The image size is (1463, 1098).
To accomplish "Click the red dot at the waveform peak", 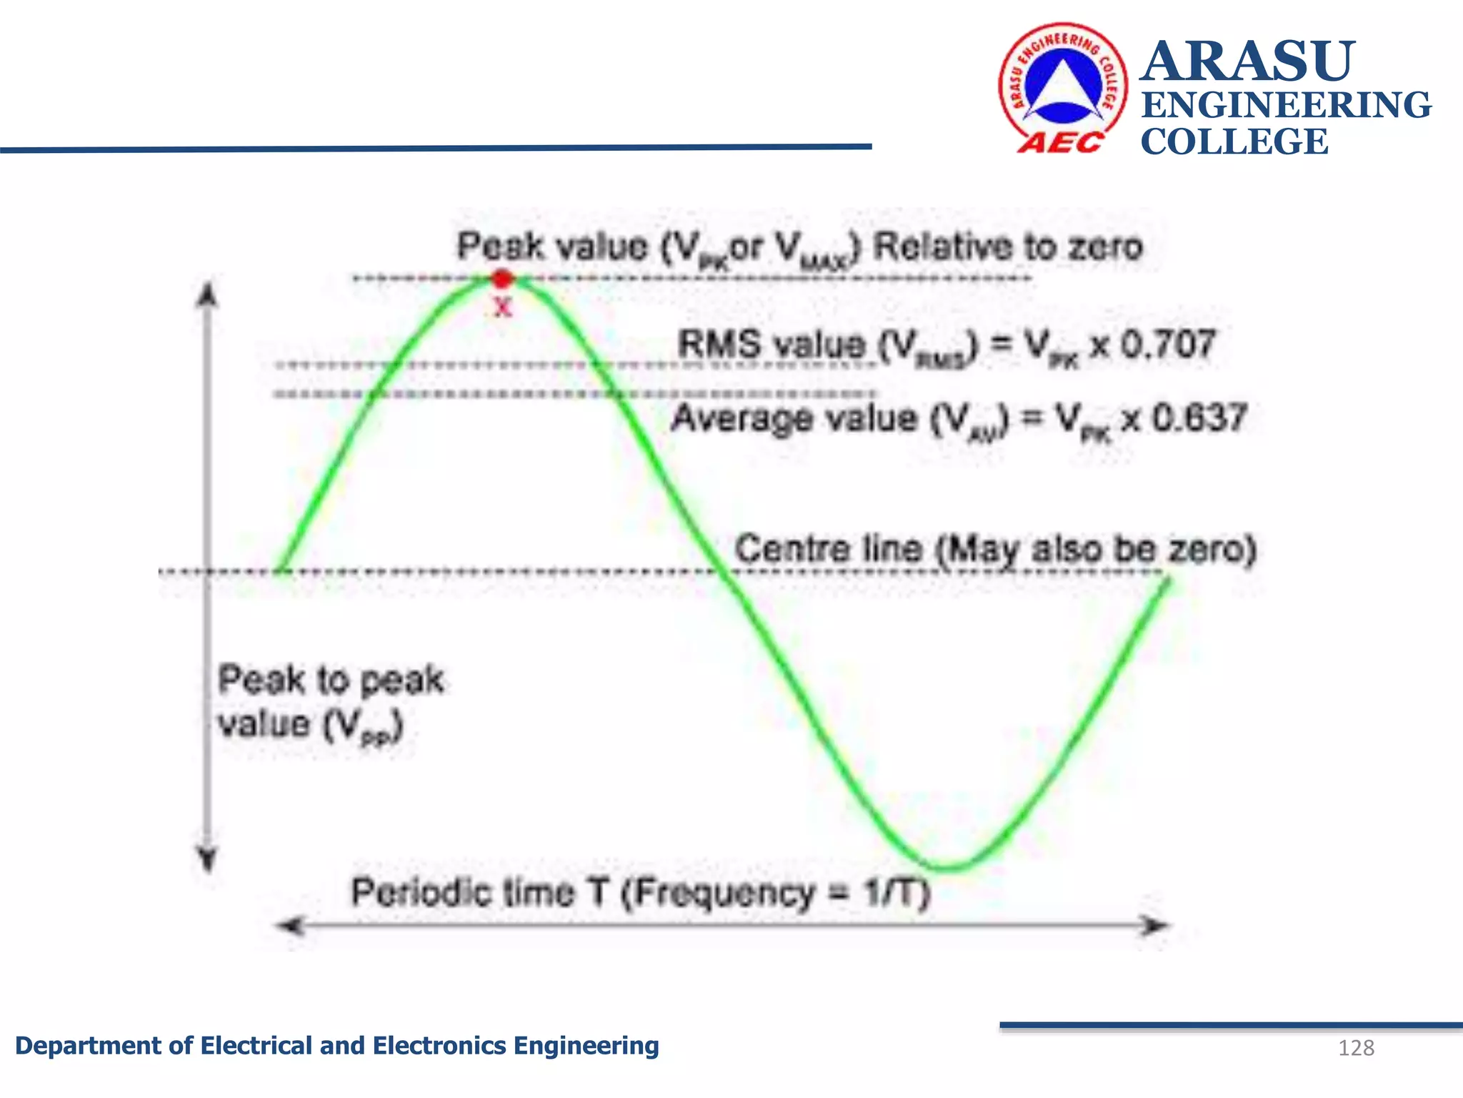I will [x=503, y=278].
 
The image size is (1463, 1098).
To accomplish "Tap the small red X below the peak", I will [x=503, y=307].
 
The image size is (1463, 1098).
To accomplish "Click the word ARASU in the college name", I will [x=1247, y=61].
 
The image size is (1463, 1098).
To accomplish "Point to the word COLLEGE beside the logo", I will [x=1234, y=142].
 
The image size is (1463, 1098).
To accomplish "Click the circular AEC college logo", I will [x=1062, y=87].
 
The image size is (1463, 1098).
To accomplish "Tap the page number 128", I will [x=1356, y=1048].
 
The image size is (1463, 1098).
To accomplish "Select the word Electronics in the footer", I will [x=439, y=1046].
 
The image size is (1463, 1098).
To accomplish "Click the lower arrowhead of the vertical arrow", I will [x=207, y=860].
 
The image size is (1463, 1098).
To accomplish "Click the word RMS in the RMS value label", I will [x=719, y=345].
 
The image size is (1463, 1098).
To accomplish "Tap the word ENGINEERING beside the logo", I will [x=1286, y=105].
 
